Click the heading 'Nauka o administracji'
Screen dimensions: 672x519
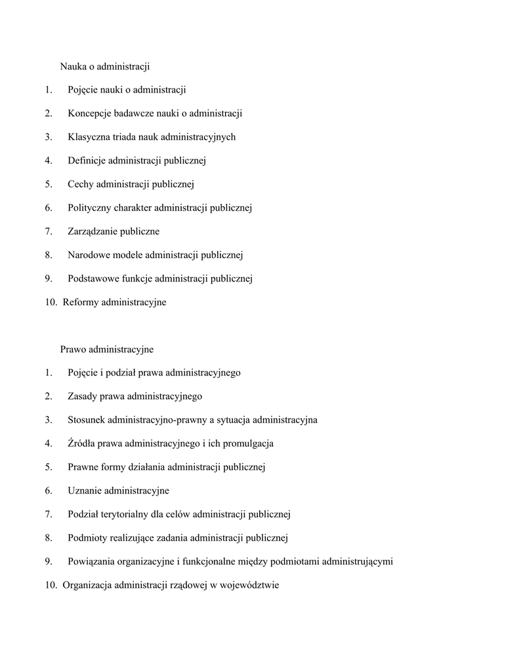[106, 66]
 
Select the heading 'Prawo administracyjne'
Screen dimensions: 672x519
[107, 349]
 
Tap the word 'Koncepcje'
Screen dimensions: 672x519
[89, 114]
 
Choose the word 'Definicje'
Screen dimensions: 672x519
[87, 161]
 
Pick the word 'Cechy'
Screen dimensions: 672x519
[81, 184]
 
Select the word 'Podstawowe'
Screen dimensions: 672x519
[92, 279]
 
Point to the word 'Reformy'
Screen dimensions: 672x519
[81, 303]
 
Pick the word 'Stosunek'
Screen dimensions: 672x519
[86, 420]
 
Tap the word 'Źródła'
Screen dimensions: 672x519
[82, 444]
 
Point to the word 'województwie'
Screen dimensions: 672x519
[249, 585]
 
